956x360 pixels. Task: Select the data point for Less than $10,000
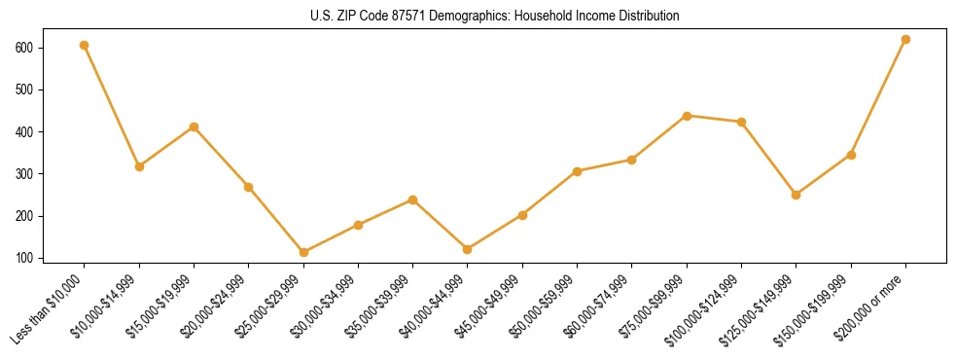tap(85, 45)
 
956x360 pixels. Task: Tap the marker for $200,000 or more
tap(906, 39)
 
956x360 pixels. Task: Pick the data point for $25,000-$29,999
tap(303, 252)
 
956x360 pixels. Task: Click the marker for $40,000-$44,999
tap(468, 249)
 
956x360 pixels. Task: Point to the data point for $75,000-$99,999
tap(688, 116)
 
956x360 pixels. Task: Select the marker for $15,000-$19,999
tap(195, 126)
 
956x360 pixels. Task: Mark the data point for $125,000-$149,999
tap(797, 195)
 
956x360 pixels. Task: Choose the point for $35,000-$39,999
tap(413, 199)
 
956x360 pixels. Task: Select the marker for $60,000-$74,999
tap(632, 160)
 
